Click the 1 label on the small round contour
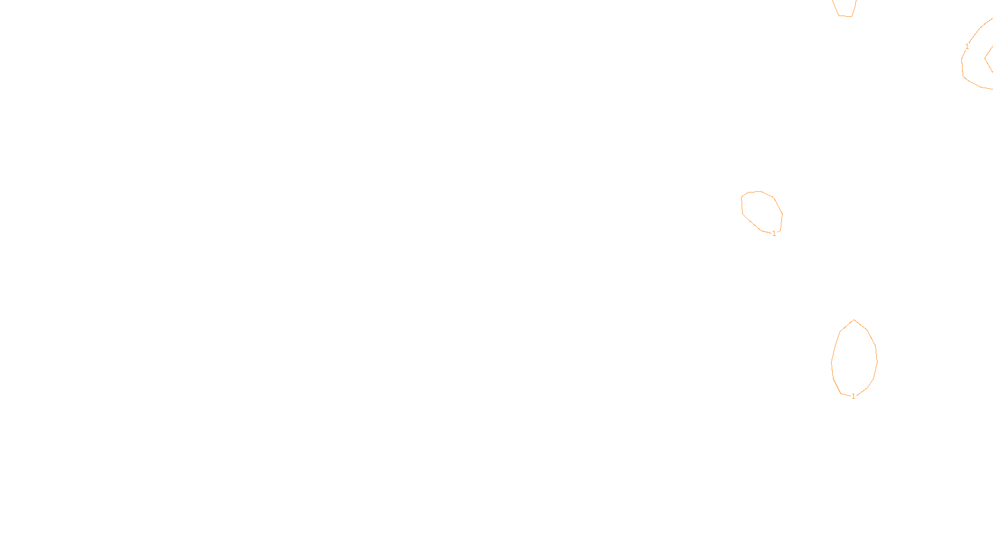tap(774, 234)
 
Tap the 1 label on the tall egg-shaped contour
tap(853, 396)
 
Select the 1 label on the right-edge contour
tap(967, 47)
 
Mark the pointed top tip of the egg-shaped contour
tap(854, 320)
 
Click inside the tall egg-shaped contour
tap(854, 359)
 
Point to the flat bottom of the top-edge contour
tap(845, 16)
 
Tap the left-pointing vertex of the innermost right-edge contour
tap(985, 59)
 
